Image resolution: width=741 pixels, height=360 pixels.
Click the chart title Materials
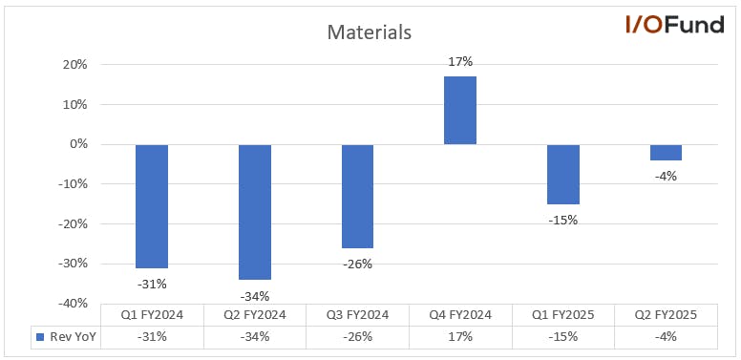(370, 32)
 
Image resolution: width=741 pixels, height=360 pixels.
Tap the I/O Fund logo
(674, 24)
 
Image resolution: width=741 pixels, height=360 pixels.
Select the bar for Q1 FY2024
(152, 206)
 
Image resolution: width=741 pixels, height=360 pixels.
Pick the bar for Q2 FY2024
(255, 212)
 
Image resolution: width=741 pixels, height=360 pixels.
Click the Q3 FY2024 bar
(357, 197)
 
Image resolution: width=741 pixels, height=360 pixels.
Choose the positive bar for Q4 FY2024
(460, 110)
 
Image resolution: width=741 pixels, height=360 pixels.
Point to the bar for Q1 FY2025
(563, 175)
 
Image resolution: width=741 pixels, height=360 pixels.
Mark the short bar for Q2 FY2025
(666, 153)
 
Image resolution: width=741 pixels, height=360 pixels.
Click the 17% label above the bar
(461, 62)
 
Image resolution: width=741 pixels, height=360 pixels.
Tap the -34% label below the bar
(255, 296)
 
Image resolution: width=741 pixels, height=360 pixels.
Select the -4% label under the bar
(666, 177)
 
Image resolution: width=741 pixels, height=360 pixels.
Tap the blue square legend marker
(40, 337)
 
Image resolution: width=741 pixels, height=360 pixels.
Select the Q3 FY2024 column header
(357, 315)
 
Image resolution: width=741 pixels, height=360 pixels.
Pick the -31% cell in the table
(152, 337)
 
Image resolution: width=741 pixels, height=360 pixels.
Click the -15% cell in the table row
(563, 337)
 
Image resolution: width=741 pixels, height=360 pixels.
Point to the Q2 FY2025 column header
(666, 315)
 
